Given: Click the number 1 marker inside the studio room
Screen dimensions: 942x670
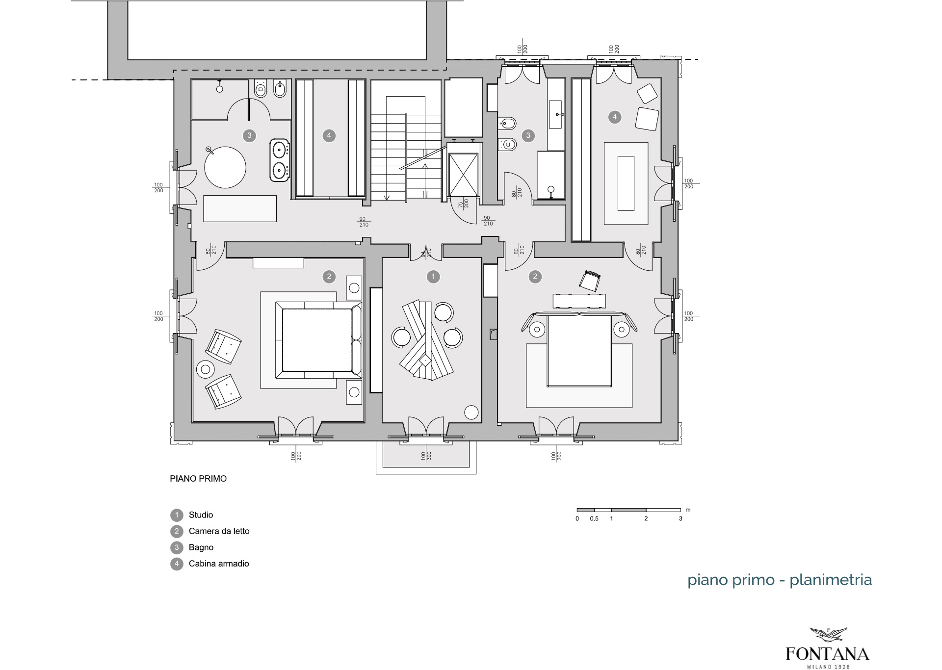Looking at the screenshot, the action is (x=433, y=277).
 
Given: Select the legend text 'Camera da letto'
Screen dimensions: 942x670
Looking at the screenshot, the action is (x=219, y=531).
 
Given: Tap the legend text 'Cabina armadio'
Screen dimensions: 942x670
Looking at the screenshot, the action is (x=219, y=564).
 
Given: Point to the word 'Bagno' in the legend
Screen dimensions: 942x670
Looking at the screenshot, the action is (x=201, y=547).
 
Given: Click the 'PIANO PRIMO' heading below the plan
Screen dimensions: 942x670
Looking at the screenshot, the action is (x=198, y=479).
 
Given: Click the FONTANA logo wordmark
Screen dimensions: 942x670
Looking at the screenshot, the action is (x=827, y=654).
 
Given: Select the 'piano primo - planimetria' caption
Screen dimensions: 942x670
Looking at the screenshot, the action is (x=780, y=580).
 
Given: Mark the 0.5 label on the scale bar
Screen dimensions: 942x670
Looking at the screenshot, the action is (x=594, y=518).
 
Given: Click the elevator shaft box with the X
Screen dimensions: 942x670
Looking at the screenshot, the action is (x=464, y=175).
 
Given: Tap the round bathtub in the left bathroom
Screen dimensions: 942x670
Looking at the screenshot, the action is (x=225, y=167).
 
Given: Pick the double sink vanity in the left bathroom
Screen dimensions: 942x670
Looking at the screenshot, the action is (x=280, y=160).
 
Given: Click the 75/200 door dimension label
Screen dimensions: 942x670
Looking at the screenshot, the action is (x=463, y=204).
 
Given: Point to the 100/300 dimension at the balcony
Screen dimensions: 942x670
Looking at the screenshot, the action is (x=426, y=456).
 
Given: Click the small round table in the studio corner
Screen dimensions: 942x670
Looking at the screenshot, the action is (x=471, y=412).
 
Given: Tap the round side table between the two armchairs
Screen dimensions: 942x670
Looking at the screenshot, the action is (x=205, y=369).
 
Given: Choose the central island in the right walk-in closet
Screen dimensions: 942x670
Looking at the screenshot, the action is (x=626, y=183).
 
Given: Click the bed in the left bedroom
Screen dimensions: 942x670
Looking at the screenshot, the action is (x=318, y=340).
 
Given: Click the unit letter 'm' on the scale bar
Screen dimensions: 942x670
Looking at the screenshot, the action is (x=688, y=510).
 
